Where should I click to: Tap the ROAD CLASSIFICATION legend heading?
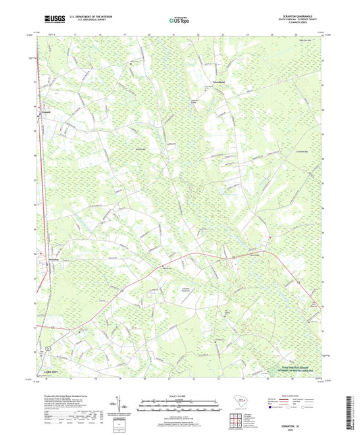coord(296,396)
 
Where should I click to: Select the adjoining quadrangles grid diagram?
coord(236,421)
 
